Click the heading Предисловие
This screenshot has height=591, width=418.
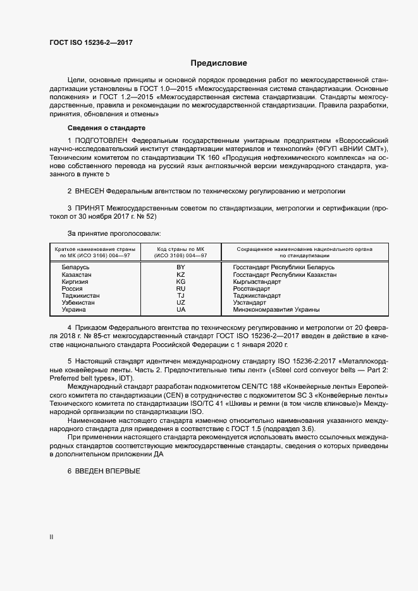219,63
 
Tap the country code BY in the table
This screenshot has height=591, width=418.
180,267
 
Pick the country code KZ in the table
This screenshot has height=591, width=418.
180,274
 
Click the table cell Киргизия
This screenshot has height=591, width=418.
75,282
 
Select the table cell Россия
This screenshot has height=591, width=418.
72,289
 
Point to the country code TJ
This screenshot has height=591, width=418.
180,296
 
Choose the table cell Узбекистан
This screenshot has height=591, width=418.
78,303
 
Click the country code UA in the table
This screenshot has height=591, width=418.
180,310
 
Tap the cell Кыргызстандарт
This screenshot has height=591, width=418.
257,282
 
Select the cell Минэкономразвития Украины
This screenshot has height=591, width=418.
276,310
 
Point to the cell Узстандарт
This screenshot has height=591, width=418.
250,303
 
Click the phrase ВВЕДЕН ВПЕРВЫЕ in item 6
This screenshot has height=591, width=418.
107,472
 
